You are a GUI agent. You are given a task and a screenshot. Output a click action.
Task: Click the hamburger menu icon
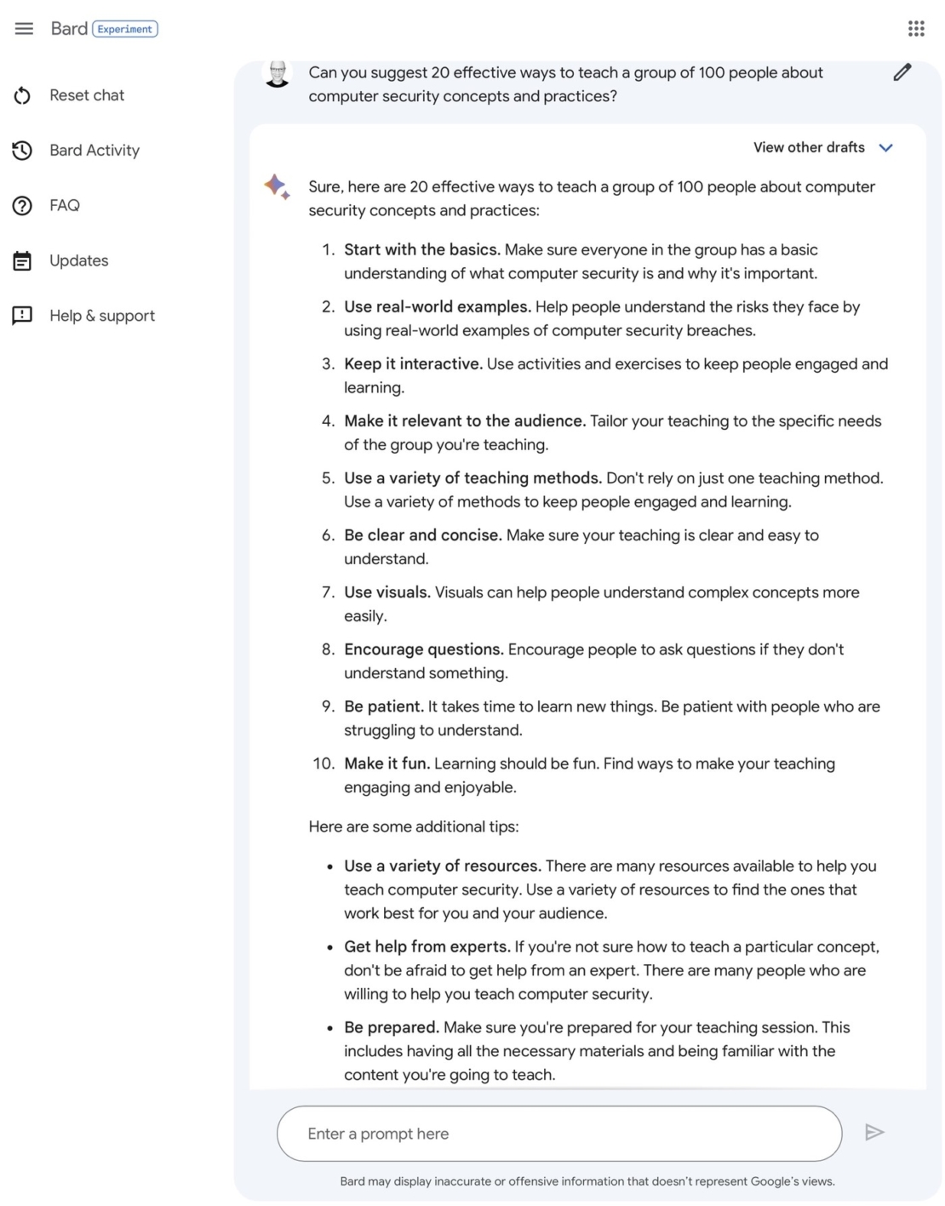coord(24,29)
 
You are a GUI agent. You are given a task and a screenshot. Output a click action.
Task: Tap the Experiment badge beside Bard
coord(124,29)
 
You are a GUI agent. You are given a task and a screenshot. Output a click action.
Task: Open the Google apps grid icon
coord(916,29)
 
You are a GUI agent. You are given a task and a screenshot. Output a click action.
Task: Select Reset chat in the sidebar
coord(86,95)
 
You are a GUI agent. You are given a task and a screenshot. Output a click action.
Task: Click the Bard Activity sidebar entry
coord(94,151)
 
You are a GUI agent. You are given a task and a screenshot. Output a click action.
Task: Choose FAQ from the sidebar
coord(64,205)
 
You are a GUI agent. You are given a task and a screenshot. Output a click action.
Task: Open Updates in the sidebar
coord(78,260)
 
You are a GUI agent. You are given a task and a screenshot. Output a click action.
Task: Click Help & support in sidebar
coord(101,316)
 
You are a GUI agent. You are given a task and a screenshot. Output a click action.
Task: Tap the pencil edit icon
coord(902,72)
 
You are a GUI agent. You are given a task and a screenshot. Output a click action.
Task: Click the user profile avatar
coord(278,74)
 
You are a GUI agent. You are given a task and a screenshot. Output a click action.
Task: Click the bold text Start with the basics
coord(421,249)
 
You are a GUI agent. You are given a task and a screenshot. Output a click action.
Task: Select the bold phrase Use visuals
coord(387,592)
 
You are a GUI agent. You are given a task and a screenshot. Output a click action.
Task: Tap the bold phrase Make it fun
coord(387,763)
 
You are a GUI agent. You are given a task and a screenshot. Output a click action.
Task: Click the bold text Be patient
coord(383,706)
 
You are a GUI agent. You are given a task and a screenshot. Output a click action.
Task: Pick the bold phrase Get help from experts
coord(427,946)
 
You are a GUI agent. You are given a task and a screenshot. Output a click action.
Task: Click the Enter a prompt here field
coord(558,1134)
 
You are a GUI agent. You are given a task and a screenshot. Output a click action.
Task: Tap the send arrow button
coord(874,1132)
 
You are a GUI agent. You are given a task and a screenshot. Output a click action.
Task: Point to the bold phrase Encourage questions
coord(423,649)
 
